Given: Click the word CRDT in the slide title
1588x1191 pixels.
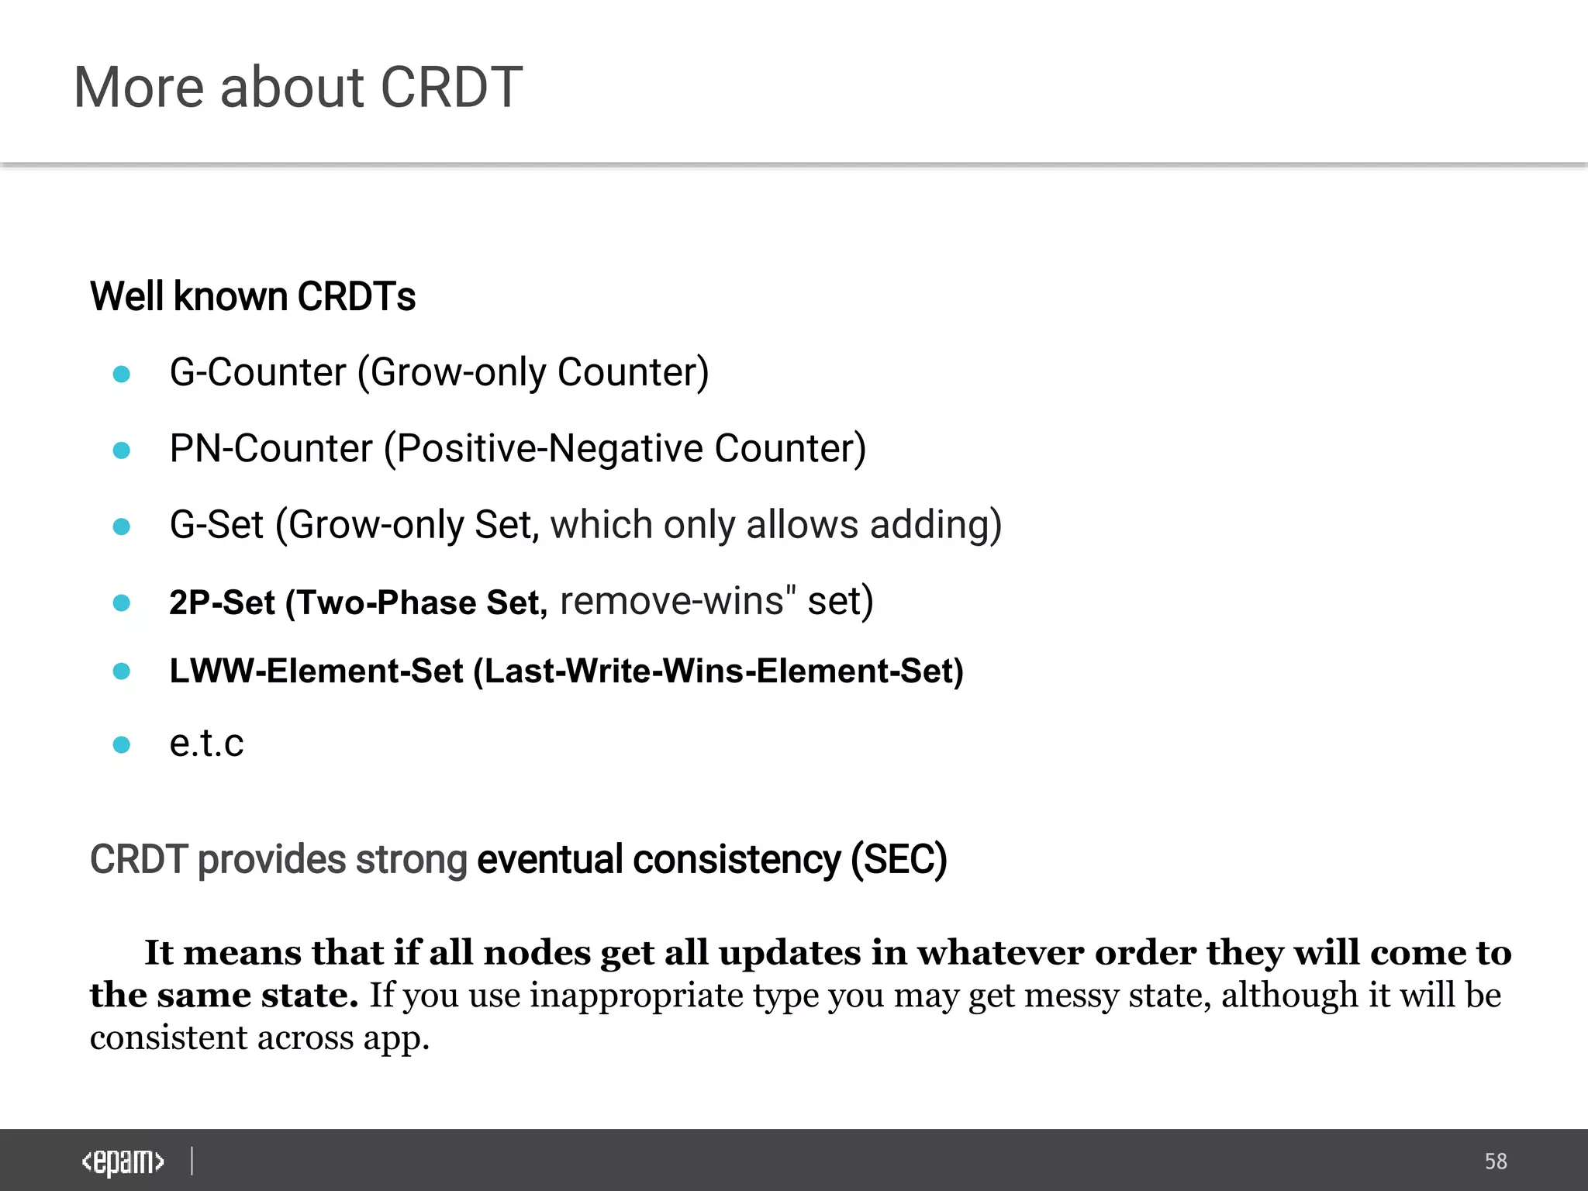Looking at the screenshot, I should pyautogui.click(x=451, y=87).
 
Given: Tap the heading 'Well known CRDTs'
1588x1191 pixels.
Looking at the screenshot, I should pyautogui.click(x=253, y=296).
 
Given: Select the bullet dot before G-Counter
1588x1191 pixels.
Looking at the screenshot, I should pyautogui.click(x=122, y=375).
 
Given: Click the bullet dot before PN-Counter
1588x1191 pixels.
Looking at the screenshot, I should pyautogui.click(x=122, y=451).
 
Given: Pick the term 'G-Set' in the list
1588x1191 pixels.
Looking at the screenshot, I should pyautogui.click(x=217, y=525).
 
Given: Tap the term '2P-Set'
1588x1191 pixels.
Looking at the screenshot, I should pyautogui.click(x=222, y=602).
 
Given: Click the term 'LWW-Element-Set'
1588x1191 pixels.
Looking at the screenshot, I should pyautogui.click(x=316, y=671).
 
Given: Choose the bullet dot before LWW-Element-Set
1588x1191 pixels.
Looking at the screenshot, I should pyautogui.click(x=122, y=671).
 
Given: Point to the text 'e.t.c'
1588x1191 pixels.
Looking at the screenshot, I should pyautogui.click(x=206, y=744).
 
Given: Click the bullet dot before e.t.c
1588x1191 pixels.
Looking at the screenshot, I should pyautogui.click(x=122, y=745).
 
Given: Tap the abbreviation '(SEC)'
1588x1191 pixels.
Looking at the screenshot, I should pyautogui.click(x=899, y=859).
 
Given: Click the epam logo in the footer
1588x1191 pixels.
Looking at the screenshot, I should pyautogui.click(x=123, y=1162).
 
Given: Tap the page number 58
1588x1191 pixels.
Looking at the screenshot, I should pyautogui.click(x=1496, y=1162).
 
